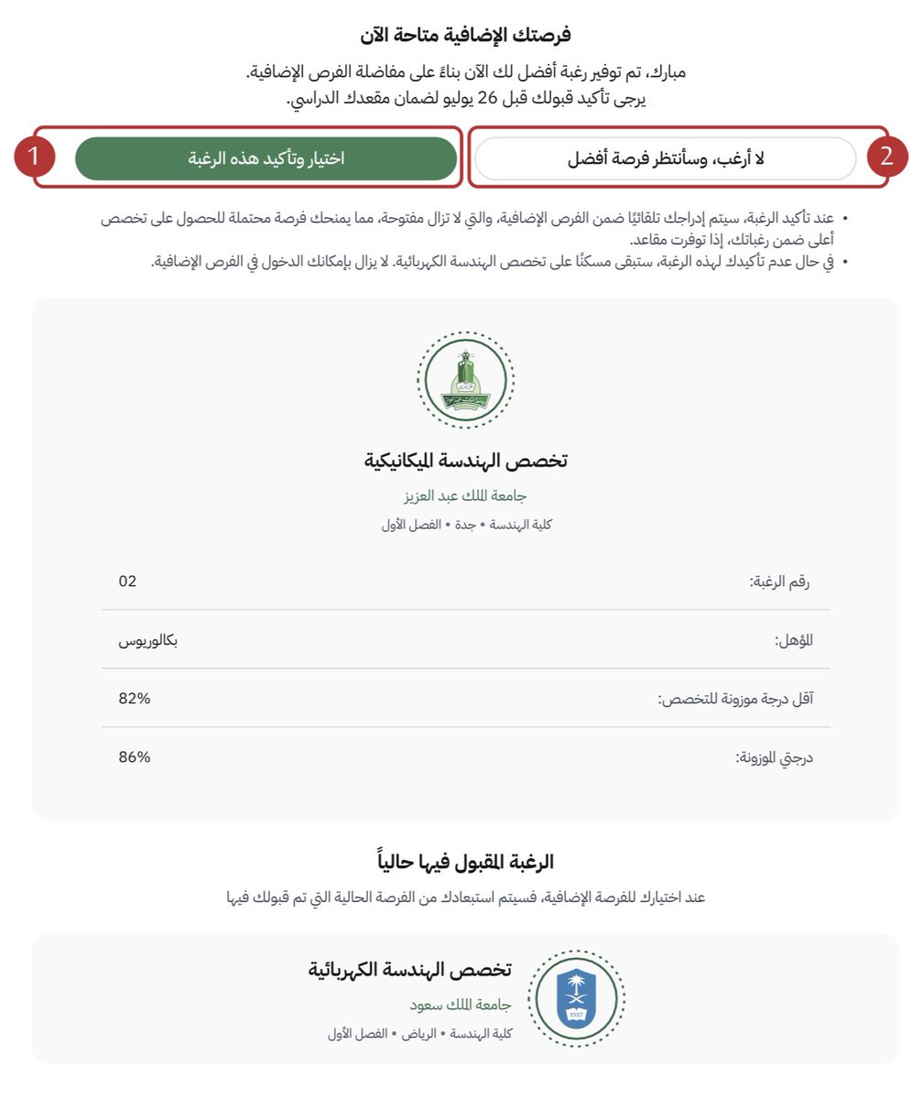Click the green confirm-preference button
point(266,158)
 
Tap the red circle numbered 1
point(34,158)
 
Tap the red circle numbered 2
point(885,158)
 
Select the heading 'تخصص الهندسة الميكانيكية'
point(465,460)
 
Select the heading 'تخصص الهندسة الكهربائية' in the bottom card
point(409,970)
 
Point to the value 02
point(127,581)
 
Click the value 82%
point(134,698)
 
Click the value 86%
point(134,756)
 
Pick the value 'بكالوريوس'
point(147,639)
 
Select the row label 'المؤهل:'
point(793,640)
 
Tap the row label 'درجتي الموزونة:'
point(774,757)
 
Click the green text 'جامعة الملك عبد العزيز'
point(465,495)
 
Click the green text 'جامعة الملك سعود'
point(460,1005)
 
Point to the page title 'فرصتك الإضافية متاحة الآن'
point(465,35)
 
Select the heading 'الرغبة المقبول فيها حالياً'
point(465,862)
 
